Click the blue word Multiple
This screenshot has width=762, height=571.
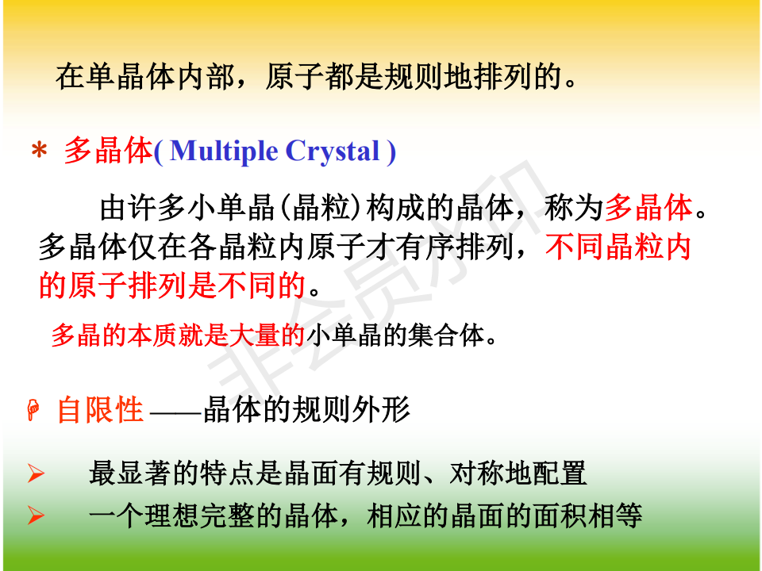(x=224, y=151)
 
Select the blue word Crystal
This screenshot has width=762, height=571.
(x=333, y=151)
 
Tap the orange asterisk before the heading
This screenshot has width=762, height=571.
(x=39, y=151)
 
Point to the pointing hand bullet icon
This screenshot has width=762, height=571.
(x=33, y=410)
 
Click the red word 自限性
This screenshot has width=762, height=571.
(x=100, y=410)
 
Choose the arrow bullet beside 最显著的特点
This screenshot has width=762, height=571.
(x=36, y=473)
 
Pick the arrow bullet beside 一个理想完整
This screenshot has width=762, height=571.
(x=36, y=515)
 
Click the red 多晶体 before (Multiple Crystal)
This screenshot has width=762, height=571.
(x=109, y=151)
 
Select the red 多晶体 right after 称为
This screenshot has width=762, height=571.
(x=648, y=207)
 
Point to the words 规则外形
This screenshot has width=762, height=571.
(x=352, y=410)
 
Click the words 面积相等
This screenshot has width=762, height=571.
(x=587, y=515)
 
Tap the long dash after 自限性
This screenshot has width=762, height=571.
(x=175, y=414)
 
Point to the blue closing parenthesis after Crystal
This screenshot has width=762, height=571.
(x=391, y=152)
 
